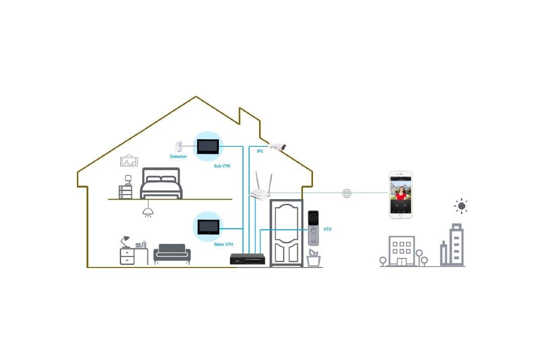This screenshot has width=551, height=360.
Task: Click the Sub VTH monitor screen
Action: pos(208,146)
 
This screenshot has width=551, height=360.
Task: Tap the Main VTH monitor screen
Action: pos(208,227)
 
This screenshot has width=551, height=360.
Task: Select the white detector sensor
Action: pos(178,146)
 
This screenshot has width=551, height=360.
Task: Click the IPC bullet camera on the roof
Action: pos(277,146)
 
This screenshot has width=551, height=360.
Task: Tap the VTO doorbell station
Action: pos(313,228)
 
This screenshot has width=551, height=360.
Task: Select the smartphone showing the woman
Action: pos(401,195)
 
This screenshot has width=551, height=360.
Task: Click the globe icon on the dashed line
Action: pos(347,193)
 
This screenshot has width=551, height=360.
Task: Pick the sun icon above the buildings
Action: pos(461,206)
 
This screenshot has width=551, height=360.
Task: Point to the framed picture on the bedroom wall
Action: pos(129,161)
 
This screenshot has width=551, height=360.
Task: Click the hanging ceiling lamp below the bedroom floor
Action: pos(147,211)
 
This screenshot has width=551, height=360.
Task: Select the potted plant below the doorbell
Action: pos(313,258)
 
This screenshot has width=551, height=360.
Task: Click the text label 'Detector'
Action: pos(178,157)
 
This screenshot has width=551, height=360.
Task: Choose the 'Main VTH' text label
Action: pos(223,244)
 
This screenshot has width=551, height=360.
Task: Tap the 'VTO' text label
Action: pos(328,229)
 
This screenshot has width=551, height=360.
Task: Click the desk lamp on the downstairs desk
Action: pos(125,240)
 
